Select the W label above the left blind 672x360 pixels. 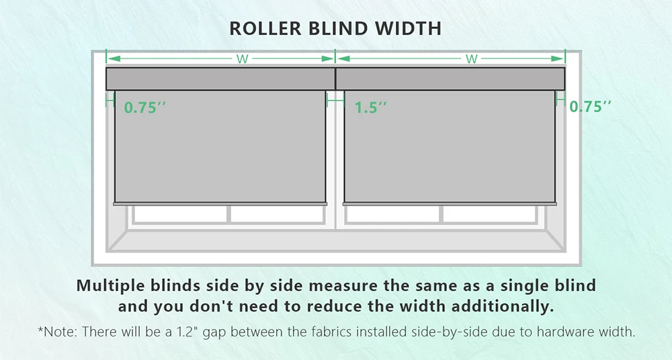point(243,59)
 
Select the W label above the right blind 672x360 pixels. point(472,59)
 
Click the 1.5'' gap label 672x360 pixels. point(371,107)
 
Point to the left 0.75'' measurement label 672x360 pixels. point(145,107)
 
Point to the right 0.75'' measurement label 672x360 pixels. point(591,107)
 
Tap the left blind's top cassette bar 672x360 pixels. point(220,79)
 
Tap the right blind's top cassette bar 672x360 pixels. point(450,79)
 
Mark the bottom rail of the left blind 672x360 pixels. point(220,203)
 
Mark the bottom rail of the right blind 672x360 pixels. point(450,203)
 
